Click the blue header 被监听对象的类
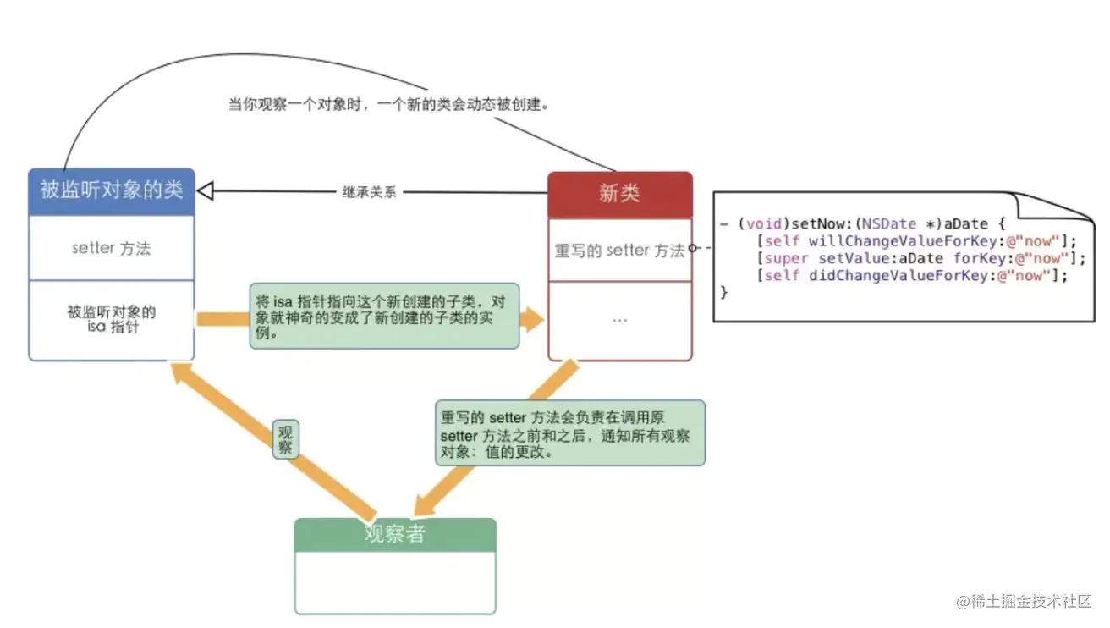pos(112,190)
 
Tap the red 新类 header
pos(619,194)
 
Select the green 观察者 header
pos(394,535)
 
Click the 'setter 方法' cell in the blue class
pos(112,248)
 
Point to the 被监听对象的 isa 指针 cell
pos(112,319)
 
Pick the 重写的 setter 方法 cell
pos(619,251)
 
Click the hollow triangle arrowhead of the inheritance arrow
pos(206,191)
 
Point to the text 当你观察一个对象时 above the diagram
pos(389,105)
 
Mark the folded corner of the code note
pos(1050,207)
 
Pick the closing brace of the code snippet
pos(723,292)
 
